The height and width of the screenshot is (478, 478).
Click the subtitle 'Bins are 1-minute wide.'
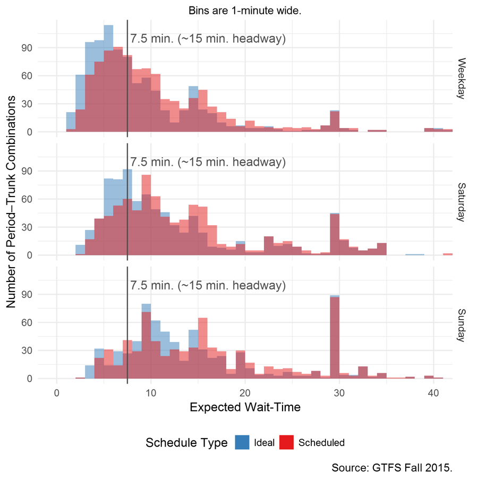click(x=245, y=10)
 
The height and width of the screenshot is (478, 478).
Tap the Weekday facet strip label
click(x=462, y=78)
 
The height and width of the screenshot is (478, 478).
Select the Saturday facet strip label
click(x=462, y=202)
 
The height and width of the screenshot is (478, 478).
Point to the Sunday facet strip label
click(x=462, y=325)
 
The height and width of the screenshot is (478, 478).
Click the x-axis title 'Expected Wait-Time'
click(x=245, y=407)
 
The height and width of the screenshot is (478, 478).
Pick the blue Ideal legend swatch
click(x=242, y=442)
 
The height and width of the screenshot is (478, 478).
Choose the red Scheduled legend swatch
click(x=286, y=442)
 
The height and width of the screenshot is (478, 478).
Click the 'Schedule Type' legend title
click(x=186, y=442)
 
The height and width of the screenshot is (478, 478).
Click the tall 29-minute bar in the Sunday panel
click(x=335, y=340)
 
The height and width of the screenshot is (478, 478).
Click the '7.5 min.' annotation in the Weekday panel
click(x=208, y=39)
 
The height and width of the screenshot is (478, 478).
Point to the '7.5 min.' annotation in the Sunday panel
click(x=208, y=286)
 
